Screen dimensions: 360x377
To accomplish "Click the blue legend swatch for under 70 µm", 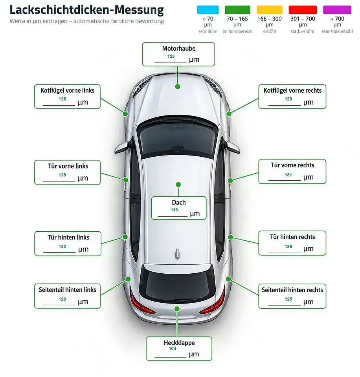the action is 208,10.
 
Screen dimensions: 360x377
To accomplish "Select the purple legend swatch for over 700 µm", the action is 337,10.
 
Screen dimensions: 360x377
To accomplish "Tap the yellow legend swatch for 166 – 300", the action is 270,10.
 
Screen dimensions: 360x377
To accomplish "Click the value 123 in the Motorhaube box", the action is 171,56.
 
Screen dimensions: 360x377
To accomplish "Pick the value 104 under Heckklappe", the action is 173,348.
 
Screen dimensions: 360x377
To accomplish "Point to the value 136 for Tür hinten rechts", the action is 288,247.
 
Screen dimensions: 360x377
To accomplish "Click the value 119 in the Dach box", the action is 174,210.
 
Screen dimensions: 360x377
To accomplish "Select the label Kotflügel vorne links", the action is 67,90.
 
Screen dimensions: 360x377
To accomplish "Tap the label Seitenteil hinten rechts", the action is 292,290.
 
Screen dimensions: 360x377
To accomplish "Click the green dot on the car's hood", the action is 178,86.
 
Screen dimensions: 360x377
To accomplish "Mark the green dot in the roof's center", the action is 178,185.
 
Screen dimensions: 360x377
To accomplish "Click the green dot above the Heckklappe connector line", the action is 177,309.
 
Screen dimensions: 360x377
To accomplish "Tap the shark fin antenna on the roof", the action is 177,254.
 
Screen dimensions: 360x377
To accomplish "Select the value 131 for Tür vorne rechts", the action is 288,175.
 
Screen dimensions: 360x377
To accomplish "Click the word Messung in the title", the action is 139,10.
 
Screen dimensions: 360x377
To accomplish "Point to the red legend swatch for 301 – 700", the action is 303,10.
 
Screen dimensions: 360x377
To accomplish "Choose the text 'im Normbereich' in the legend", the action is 237,31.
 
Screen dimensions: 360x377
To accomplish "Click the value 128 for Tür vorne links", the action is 62,175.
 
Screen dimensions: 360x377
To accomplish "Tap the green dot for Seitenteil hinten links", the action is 128,279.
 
